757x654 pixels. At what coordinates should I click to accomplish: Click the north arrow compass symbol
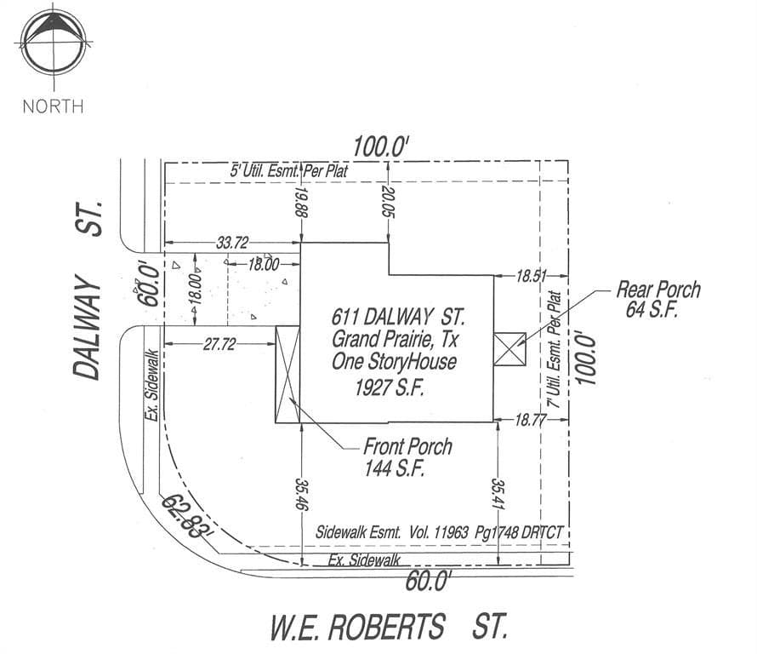point(54,43)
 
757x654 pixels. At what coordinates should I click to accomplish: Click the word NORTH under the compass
point(53,106)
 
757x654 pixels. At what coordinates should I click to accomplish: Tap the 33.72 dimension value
point(232,242)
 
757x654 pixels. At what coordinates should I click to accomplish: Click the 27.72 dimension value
point(219,344)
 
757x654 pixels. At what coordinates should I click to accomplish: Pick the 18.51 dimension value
point(532,277)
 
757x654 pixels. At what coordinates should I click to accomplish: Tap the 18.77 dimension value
point(531,420)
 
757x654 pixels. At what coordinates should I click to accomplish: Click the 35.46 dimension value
point(303,495)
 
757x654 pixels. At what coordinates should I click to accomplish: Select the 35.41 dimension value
point(498,494)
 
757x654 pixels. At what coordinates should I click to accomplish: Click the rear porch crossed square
point(509,349)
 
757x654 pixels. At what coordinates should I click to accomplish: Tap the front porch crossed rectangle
point(287,375)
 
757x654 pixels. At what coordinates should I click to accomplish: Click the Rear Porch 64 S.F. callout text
point(658,299)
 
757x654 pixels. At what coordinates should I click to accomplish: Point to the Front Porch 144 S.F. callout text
point(407,457)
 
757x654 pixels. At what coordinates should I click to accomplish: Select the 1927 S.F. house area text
point(390,387)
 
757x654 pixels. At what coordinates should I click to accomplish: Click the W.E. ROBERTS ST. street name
point(389,627)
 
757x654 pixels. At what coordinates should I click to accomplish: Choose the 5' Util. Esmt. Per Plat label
point(288,170)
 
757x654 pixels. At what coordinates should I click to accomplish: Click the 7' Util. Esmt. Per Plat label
point(555,349)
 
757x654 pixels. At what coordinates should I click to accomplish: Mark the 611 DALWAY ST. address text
point(398,317)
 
